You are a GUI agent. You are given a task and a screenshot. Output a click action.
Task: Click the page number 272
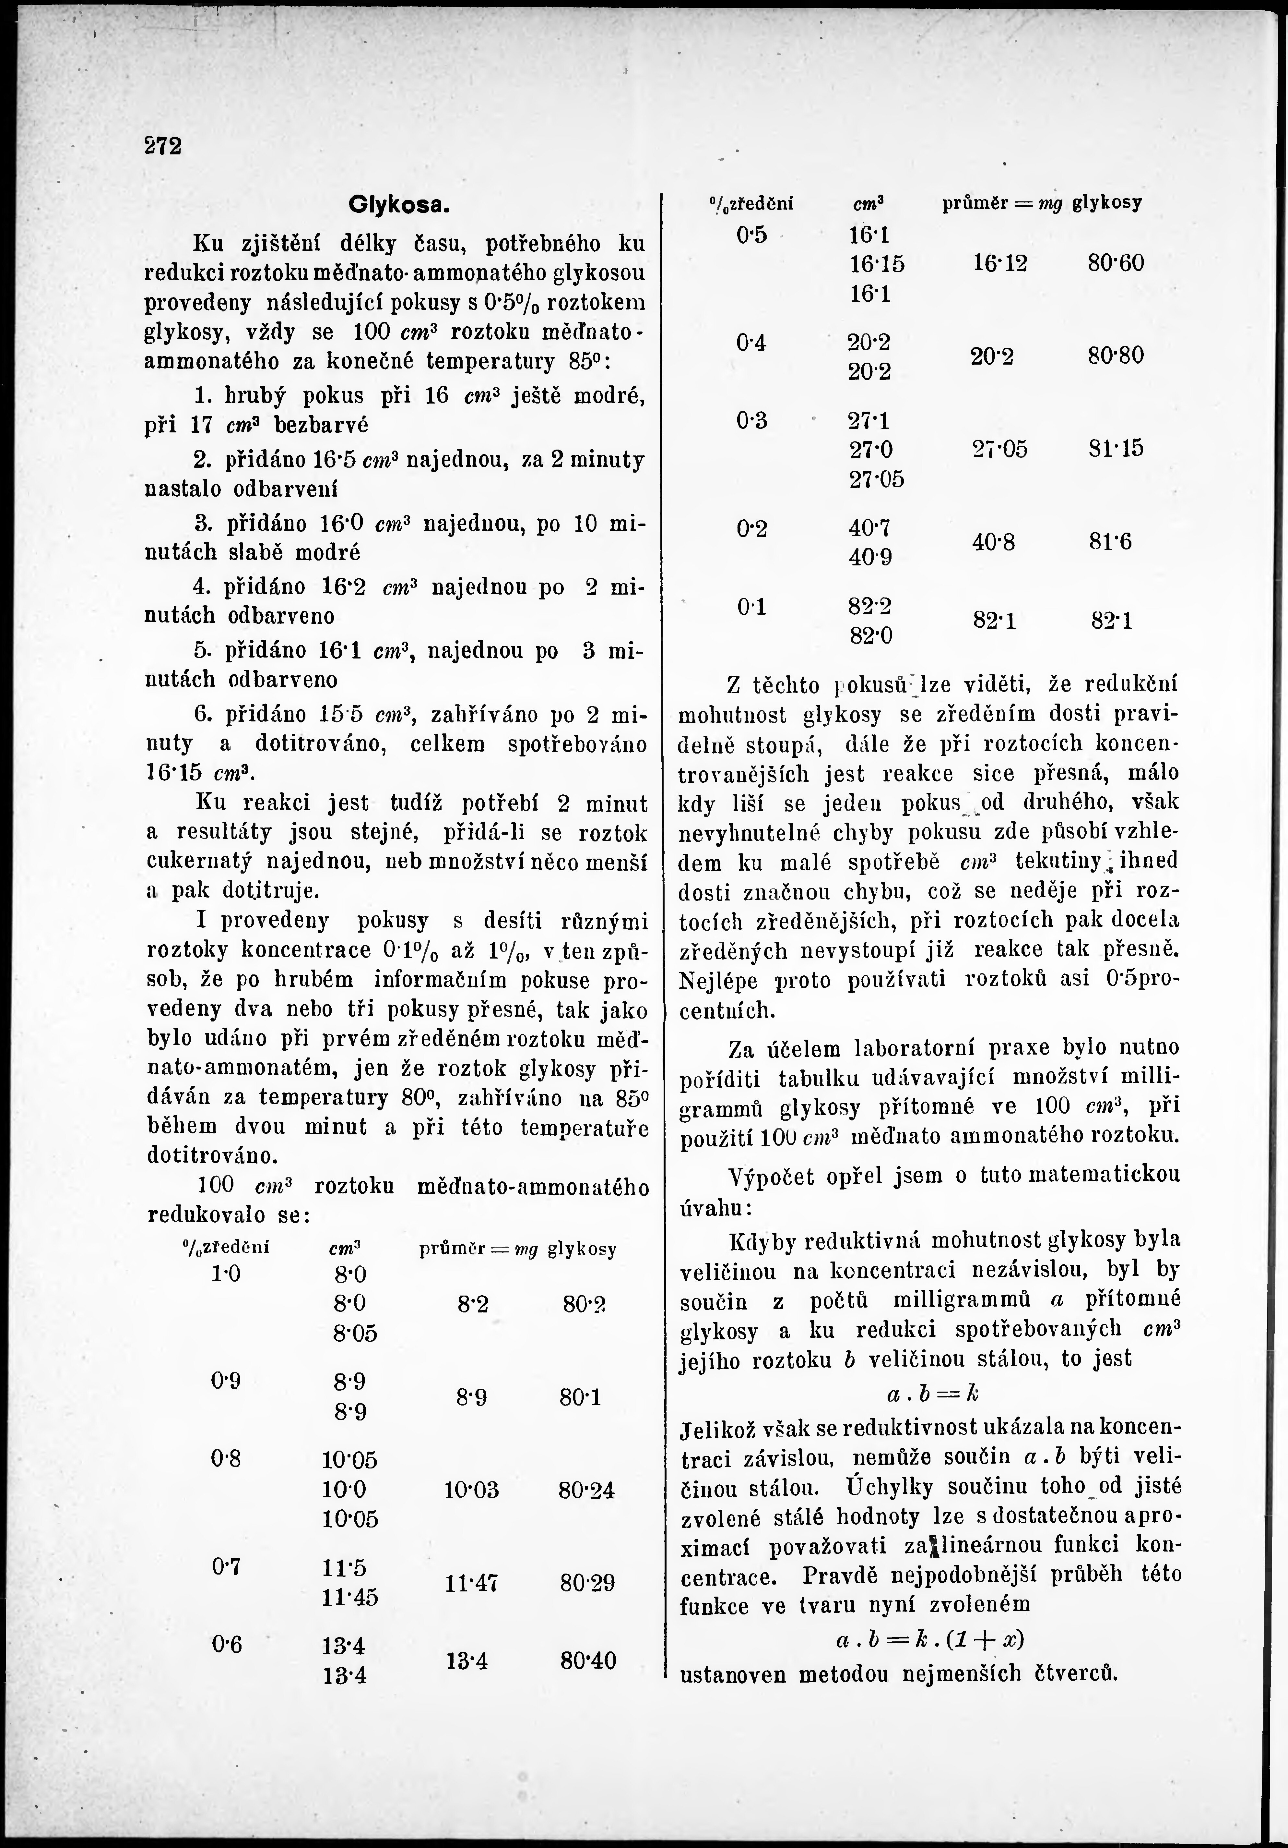pos(163,146)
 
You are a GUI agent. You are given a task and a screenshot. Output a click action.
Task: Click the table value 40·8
pos(994,542)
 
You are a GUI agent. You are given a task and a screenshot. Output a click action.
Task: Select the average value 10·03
pos(471,1490)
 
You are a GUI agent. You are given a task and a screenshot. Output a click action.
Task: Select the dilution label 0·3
pos(751,420)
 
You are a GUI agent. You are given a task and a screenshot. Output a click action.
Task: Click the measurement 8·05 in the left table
pos(355,1334)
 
